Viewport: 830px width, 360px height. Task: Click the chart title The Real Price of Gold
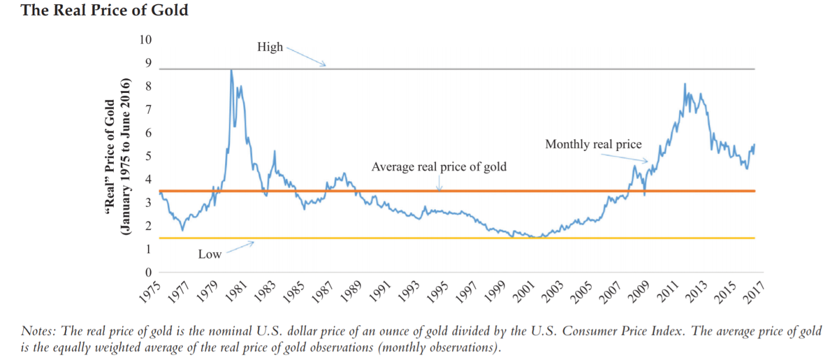tap(104, 10)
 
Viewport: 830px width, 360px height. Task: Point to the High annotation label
tap(270, 47)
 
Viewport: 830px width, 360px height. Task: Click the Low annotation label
tap(210, 254)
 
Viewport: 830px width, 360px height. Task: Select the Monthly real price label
tap(593, 145)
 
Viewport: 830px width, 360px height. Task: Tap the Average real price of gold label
tap(439, 167)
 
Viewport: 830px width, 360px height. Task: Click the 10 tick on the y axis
tap(145, 39)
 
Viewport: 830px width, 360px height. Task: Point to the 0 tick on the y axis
tap(148, 272)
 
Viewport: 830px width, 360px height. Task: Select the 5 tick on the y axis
tap(148, 156)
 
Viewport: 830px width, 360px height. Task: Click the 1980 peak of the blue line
tap(231, 70)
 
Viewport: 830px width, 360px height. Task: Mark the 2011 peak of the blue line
tap(684, 84)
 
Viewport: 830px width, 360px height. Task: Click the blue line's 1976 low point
tap(183, 230)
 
